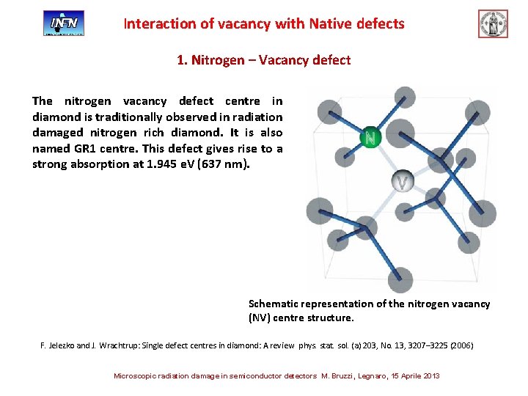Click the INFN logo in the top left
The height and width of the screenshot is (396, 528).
click(x=64, y=23)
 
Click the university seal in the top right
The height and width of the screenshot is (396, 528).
click(x=493, y=23)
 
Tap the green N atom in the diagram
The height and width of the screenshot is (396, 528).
click(x=371, y=137)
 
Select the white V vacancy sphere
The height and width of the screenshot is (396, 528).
click(x=403, y=181)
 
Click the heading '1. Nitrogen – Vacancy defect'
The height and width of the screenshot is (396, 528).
click(x=264, y=59)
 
